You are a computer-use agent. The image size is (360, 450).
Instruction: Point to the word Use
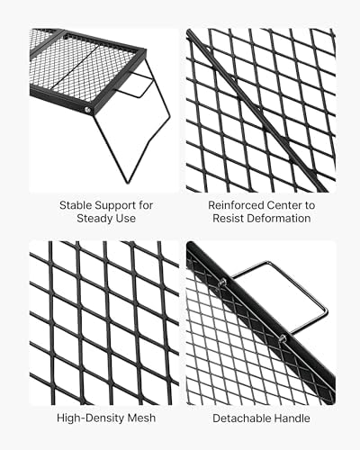click(127, 218)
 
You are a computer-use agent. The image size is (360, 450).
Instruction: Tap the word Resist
click(227, 218)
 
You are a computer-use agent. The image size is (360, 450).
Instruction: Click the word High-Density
click(90, 418)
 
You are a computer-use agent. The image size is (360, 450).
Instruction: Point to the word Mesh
click(141, 418)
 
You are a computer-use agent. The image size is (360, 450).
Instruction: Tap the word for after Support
click(146, 205)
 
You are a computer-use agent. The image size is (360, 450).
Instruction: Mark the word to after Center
click(310, 206)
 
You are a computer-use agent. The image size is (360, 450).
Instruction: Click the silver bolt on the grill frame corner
click(88, 110)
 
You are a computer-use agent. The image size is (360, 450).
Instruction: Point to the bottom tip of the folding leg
click(128, 182)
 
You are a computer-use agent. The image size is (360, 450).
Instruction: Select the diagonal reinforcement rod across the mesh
click(257, 112)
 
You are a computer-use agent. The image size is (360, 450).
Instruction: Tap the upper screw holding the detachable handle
click(222, 282)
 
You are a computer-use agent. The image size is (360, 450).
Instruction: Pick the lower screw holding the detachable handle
click(282, 339)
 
